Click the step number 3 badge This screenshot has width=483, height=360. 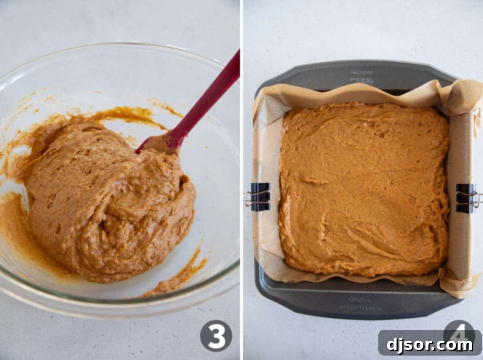click(216, 335)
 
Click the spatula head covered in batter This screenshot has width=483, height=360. click(159, 144)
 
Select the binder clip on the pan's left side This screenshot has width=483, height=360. click(260, 197)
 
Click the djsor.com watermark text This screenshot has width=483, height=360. click(430, 345)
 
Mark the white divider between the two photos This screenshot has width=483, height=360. click(242, 181)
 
